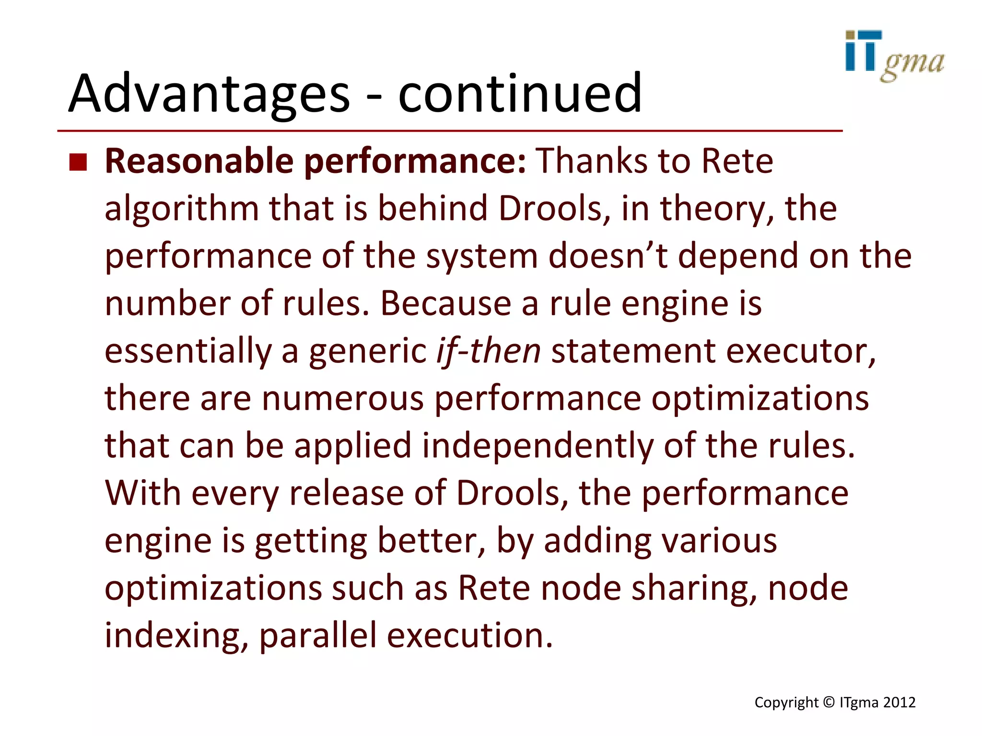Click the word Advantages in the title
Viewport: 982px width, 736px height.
[209, 93]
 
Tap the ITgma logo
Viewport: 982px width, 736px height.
[894, 56]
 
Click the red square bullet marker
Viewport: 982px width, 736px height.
[78, 162]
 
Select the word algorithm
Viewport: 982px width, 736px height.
[182, 209]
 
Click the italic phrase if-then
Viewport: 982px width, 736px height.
[488, 351]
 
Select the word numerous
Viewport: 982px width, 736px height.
[343, 398]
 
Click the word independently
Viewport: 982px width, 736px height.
[538, 446]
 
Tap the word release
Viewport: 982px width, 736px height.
[346, 493]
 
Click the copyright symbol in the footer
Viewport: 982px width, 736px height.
[829, 702]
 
